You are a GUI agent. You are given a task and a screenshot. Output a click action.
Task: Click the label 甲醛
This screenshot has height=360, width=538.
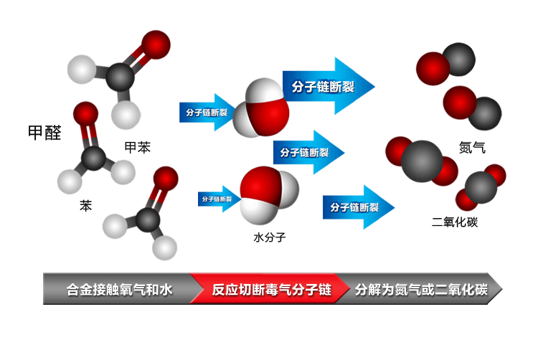click(44, 133)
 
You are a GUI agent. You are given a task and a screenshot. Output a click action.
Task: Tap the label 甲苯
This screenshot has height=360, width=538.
click(138, 147)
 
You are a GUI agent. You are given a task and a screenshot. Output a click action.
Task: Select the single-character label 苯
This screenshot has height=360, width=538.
click(85, 206)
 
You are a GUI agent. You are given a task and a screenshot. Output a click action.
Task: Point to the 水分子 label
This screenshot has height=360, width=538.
click(269, 236)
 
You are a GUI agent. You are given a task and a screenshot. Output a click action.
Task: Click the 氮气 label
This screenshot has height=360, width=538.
click(471, 148)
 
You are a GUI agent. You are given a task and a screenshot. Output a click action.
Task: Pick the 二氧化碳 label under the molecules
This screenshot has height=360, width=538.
click(455, 222)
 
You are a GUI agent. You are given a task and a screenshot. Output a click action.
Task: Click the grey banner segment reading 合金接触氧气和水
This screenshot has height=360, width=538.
click(118, 290)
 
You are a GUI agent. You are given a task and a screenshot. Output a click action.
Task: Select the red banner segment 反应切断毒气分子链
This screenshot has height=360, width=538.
click(270, 290)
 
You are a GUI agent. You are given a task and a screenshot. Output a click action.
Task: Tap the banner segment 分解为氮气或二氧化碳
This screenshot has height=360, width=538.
click(420, 290)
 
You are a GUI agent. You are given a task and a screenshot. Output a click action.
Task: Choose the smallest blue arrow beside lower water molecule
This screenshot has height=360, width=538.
click(220, 199)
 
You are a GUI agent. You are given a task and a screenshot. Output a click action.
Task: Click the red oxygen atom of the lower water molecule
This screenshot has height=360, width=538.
click(258, 185)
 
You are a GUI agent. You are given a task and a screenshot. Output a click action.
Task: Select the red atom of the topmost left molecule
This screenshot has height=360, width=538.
click(156, 44)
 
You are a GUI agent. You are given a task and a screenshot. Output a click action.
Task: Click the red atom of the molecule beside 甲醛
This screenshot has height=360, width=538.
click(85, 113)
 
